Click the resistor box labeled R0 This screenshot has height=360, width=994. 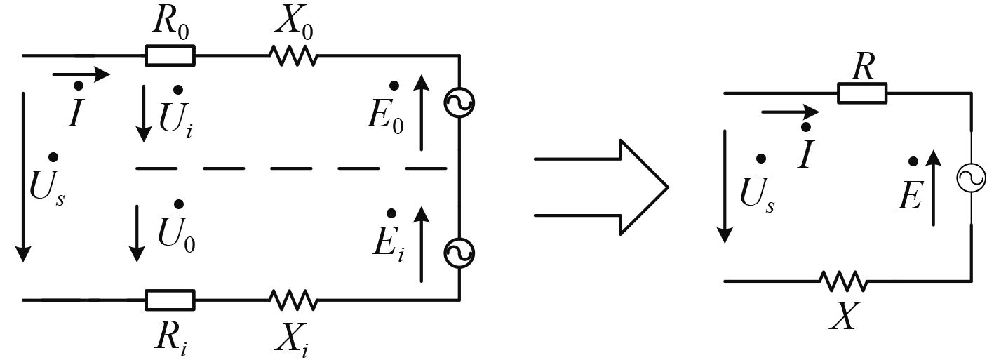pos(170,55)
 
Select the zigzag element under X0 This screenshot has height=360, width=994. pos(293,55)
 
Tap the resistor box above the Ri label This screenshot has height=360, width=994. pos(170,300)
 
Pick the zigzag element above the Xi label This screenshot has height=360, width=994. pos(293,300)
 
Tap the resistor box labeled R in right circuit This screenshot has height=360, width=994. pos(862,92)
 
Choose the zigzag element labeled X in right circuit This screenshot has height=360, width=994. pos(843,281)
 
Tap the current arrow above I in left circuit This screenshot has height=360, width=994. pos(81,74)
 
